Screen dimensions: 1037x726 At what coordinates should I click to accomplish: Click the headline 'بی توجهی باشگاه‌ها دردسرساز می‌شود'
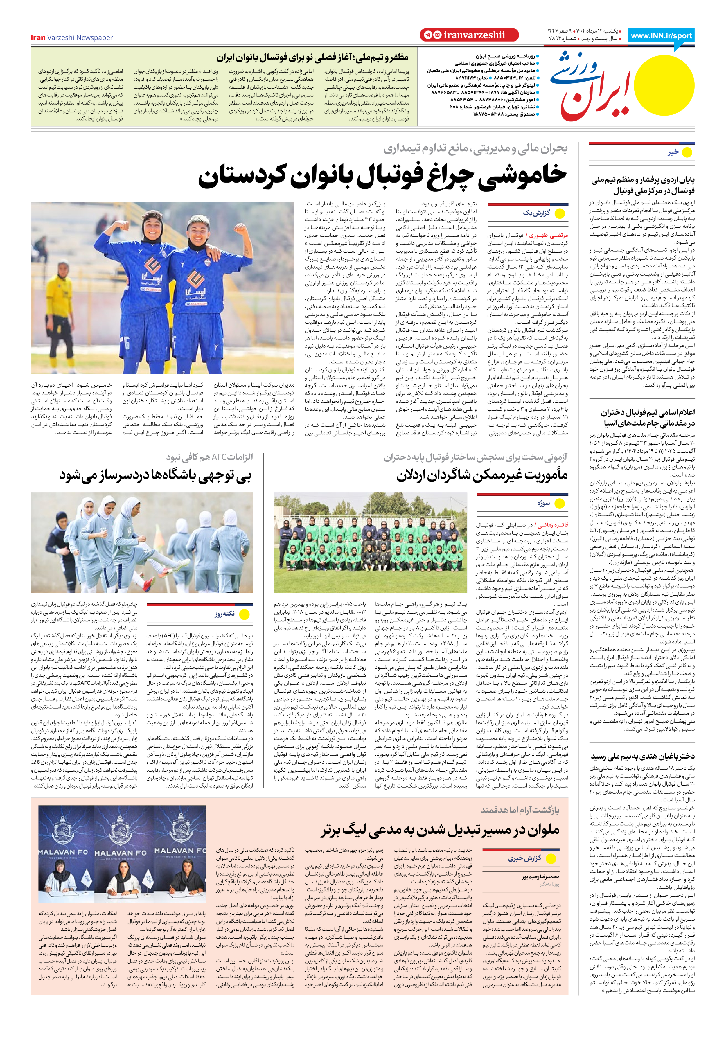coord(155,476)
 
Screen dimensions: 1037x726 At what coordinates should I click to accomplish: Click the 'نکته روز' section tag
coord(224,614)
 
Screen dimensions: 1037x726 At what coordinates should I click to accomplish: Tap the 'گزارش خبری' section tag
coord(524,858)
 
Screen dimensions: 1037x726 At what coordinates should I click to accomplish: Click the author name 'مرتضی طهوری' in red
coord(549,235)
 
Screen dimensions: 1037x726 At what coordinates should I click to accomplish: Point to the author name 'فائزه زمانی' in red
coord(552,525)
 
